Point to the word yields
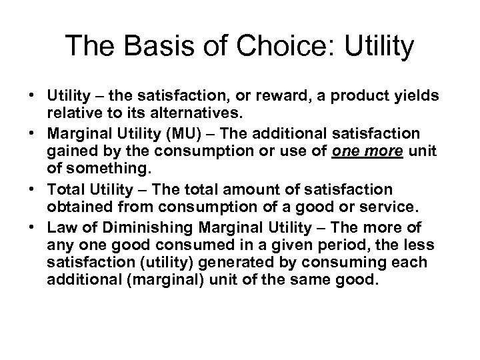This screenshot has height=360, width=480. coord(416,97)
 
